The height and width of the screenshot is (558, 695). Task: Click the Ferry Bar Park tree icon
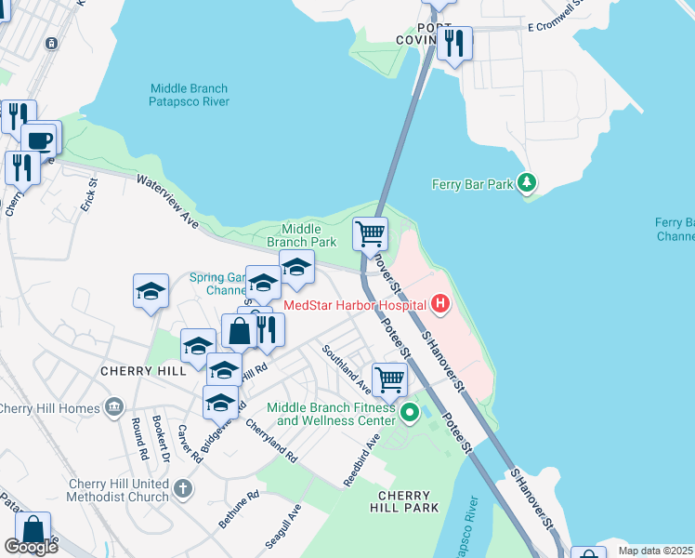[x=528, y=183]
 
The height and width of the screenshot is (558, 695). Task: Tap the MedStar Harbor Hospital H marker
[x=440, y=304]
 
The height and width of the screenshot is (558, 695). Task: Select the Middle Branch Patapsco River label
[x=190, y=95]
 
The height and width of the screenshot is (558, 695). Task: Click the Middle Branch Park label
[x=301, y=235]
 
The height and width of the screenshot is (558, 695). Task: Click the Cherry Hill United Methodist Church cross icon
[x=183, y=487]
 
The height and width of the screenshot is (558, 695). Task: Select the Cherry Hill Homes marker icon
[x=114, y=407]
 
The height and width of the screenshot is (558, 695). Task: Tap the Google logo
[x=31, y=547]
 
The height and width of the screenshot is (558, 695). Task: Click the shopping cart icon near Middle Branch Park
[x=370, y=232]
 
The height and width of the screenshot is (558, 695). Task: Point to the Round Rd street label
[x=138, y=439]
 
